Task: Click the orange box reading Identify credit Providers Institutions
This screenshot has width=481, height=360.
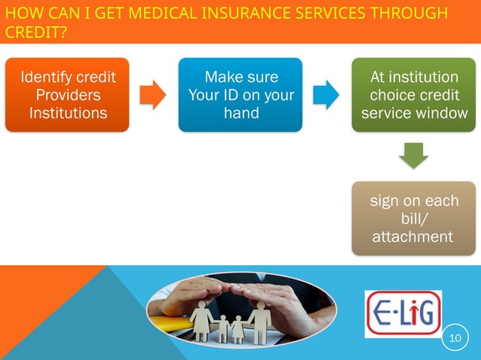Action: [68, 95]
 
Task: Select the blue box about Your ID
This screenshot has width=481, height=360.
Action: [240, 95]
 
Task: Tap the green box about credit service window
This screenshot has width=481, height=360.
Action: [413, 95]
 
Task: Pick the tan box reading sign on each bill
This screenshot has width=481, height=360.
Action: [413, 218]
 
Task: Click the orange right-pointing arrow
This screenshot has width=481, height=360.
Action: [154, 95]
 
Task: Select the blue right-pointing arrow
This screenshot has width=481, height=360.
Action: [326, 95]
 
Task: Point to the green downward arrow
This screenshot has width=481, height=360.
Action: [413, 156]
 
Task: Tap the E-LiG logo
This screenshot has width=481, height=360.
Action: [403, 313]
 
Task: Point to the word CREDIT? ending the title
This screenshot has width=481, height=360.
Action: [33, 33]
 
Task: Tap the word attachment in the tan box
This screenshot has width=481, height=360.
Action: [413, 237]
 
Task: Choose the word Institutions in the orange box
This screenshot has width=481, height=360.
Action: [68, 114]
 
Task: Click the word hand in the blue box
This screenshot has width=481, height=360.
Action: [240, 114]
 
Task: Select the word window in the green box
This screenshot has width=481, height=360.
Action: [443, 114]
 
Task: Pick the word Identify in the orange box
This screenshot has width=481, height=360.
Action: [48, 77]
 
